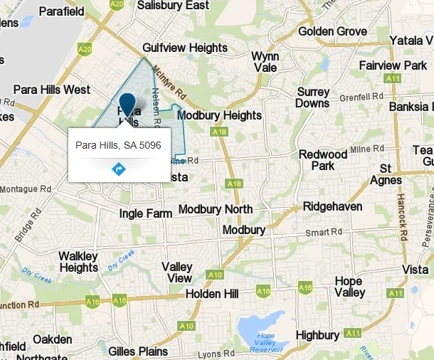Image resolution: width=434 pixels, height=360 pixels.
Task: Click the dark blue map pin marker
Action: point(127,105)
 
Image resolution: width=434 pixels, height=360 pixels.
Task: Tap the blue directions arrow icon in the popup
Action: point(118,169)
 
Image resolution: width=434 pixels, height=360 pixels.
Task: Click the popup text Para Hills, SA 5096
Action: point(118,145)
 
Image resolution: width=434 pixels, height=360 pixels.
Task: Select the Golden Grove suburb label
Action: point(332,31)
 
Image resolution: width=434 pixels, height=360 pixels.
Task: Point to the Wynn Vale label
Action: point(265,61)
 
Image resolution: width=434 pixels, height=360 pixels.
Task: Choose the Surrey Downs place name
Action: point(313,97)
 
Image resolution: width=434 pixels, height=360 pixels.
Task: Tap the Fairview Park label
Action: point(393,65)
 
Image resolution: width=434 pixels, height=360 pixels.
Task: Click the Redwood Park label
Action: point(323,160)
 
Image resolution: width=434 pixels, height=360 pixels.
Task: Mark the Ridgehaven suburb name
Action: point(333,206)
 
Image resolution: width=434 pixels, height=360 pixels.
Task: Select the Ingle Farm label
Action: point(146,213)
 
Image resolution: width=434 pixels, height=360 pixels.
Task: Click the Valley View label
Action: point(177,272)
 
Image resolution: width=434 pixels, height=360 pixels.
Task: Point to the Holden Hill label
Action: point(216,293)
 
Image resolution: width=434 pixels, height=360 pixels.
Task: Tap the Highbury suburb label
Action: point(317,334)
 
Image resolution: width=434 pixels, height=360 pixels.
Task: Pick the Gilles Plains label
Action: point(138,351)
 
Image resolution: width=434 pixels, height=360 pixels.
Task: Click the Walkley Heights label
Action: point(78,262)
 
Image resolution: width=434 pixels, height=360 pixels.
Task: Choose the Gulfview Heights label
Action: point(185,48)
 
